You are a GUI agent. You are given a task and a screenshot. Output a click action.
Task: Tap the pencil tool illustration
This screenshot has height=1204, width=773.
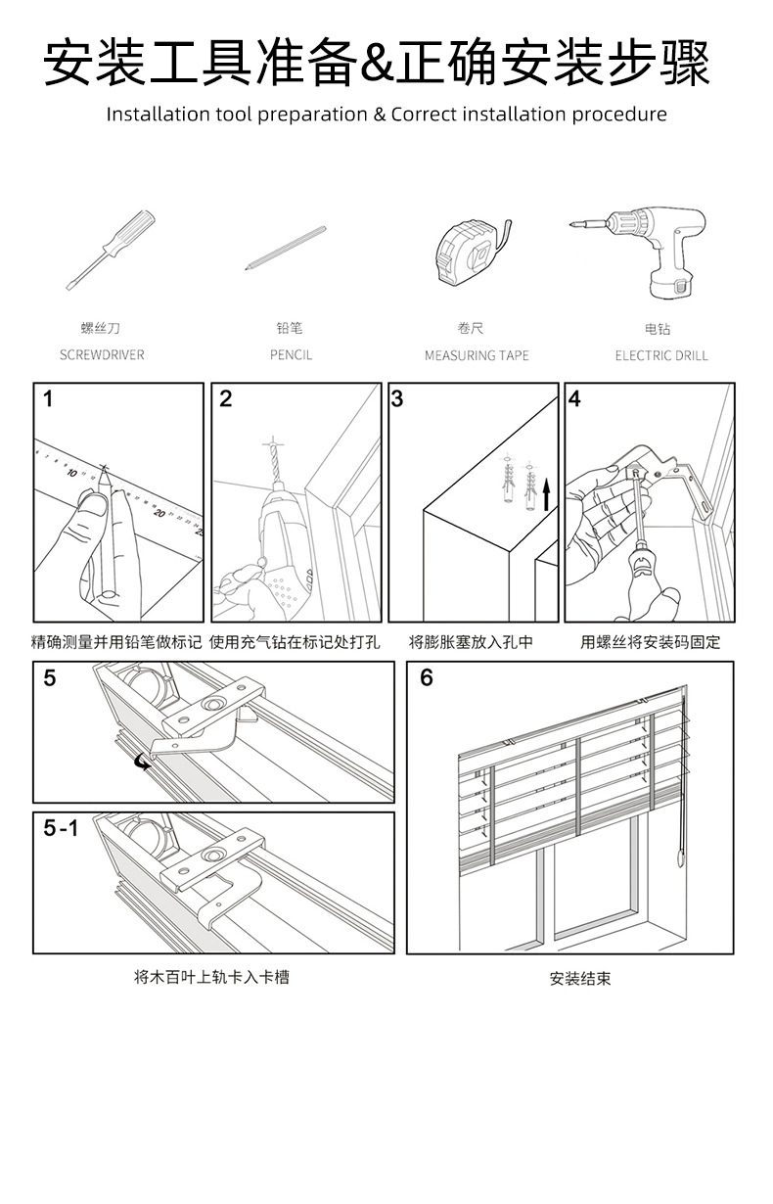(286, 248)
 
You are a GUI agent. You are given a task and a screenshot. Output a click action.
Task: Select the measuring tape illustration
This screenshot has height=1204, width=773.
(471, 253)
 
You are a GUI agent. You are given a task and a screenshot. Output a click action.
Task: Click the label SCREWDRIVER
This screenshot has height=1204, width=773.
(102, 355)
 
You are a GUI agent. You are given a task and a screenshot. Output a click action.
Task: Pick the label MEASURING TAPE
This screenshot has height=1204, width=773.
(477, 355)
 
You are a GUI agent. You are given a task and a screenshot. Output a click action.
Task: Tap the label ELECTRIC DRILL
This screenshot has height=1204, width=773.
(660, 355)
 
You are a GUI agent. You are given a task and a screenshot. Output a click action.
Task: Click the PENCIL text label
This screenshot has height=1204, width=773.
(291, 355)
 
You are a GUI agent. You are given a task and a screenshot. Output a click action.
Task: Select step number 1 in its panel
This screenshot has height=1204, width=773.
(49, 399)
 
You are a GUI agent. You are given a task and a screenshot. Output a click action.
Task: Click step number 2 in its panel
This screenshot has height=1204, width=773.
(226, 399)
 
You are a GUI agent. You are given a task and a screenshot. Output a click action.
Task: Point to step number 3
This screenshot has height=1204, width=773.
(397, 399)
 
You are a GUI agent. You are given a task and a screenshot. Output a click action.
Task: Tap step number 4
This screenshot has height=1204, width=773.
(575, 399)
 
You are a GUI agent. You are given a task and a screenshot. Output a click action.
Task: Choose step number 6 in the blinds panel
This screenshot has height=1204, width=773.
(427, 678)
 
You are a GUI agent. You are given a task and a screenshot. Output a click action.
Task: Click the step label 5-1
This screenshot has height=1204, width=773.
(60, 828)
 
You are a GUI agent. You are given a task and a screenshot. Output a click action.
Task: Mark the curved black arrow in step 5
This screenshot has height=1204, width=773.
(144, 761)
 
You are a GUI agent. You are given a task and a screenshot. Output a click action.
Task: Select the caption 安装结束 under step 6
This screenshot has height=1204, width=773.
(579, 978)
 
